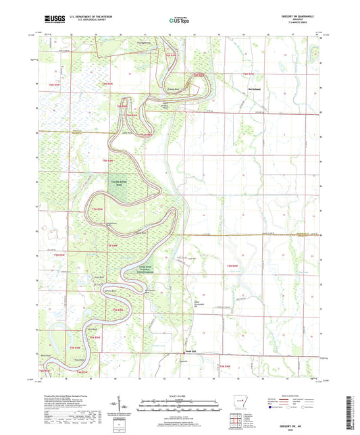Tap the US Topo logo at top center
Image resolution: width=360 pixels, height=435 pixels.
(x=178, y=20)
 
